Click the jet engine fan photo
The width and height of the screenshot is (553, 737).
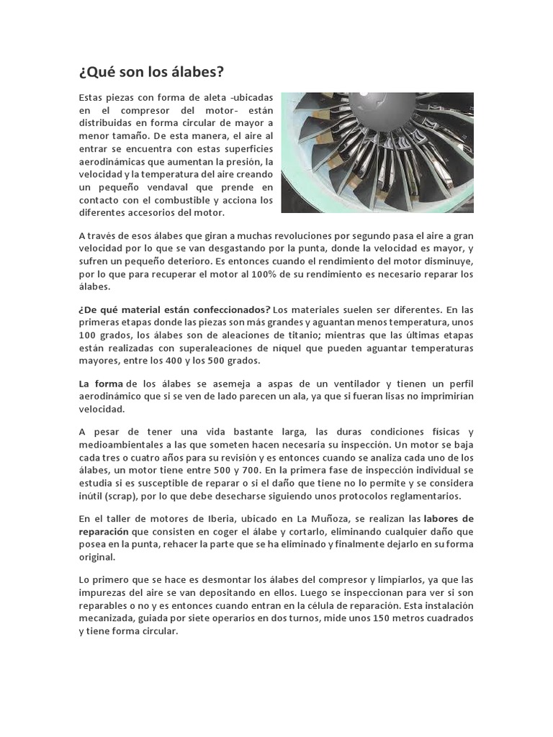(x=377, y=152)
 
